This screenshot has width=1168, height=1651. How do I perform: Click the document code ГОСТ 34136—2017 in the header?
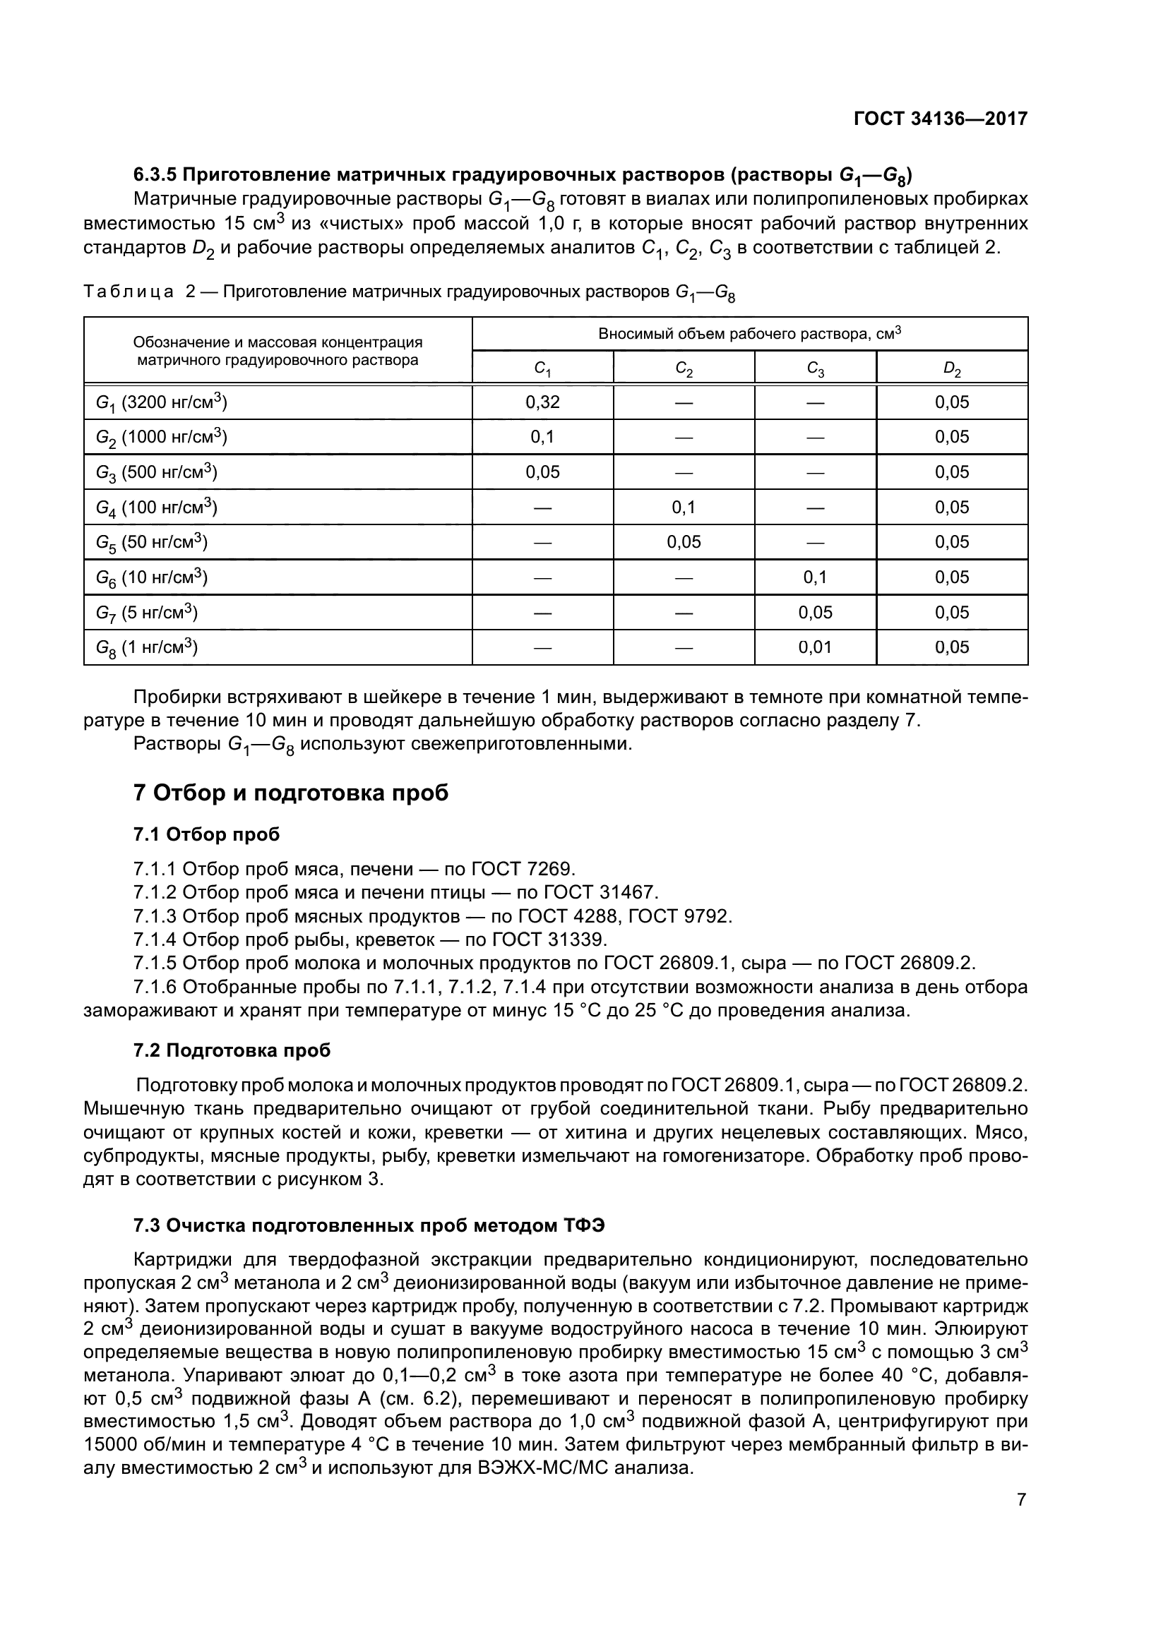pos(940,119)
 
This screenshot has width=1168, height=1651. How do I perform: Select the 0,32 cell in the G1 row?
pos(542,402)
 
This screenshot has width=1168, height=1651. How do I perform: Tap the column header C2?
pos(684,369)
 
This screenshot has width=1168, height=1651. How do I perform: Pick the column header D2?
pos(951,369)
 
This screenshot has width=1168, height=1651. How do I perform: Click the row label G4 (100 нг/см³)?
pos(157,508)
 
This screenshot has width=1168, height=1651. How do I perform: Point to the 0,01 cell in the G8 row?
pos(815,647)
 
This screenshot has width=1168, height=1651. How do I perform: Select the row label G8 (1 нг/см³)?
pos(147,648)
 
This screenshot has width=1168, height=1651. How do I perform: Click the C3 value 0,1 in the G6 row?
pos(815,577)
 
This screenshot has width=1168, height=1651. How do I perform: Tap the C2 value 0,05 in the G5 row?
pos(684,542)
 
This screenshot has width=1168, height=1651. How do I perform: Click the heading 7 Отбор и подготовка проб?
pos(290,793)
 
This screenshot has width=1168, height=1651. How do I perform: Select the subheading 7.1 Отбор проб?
pos(206,834)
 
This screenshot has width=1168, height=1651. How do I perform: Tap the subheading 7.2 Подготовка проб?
pos(232,1050)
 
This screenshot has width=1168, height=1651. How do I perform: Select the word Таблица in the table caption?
pos(129,292)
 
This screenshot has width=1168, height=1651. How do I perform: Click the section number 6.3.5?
pos(155,175)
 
